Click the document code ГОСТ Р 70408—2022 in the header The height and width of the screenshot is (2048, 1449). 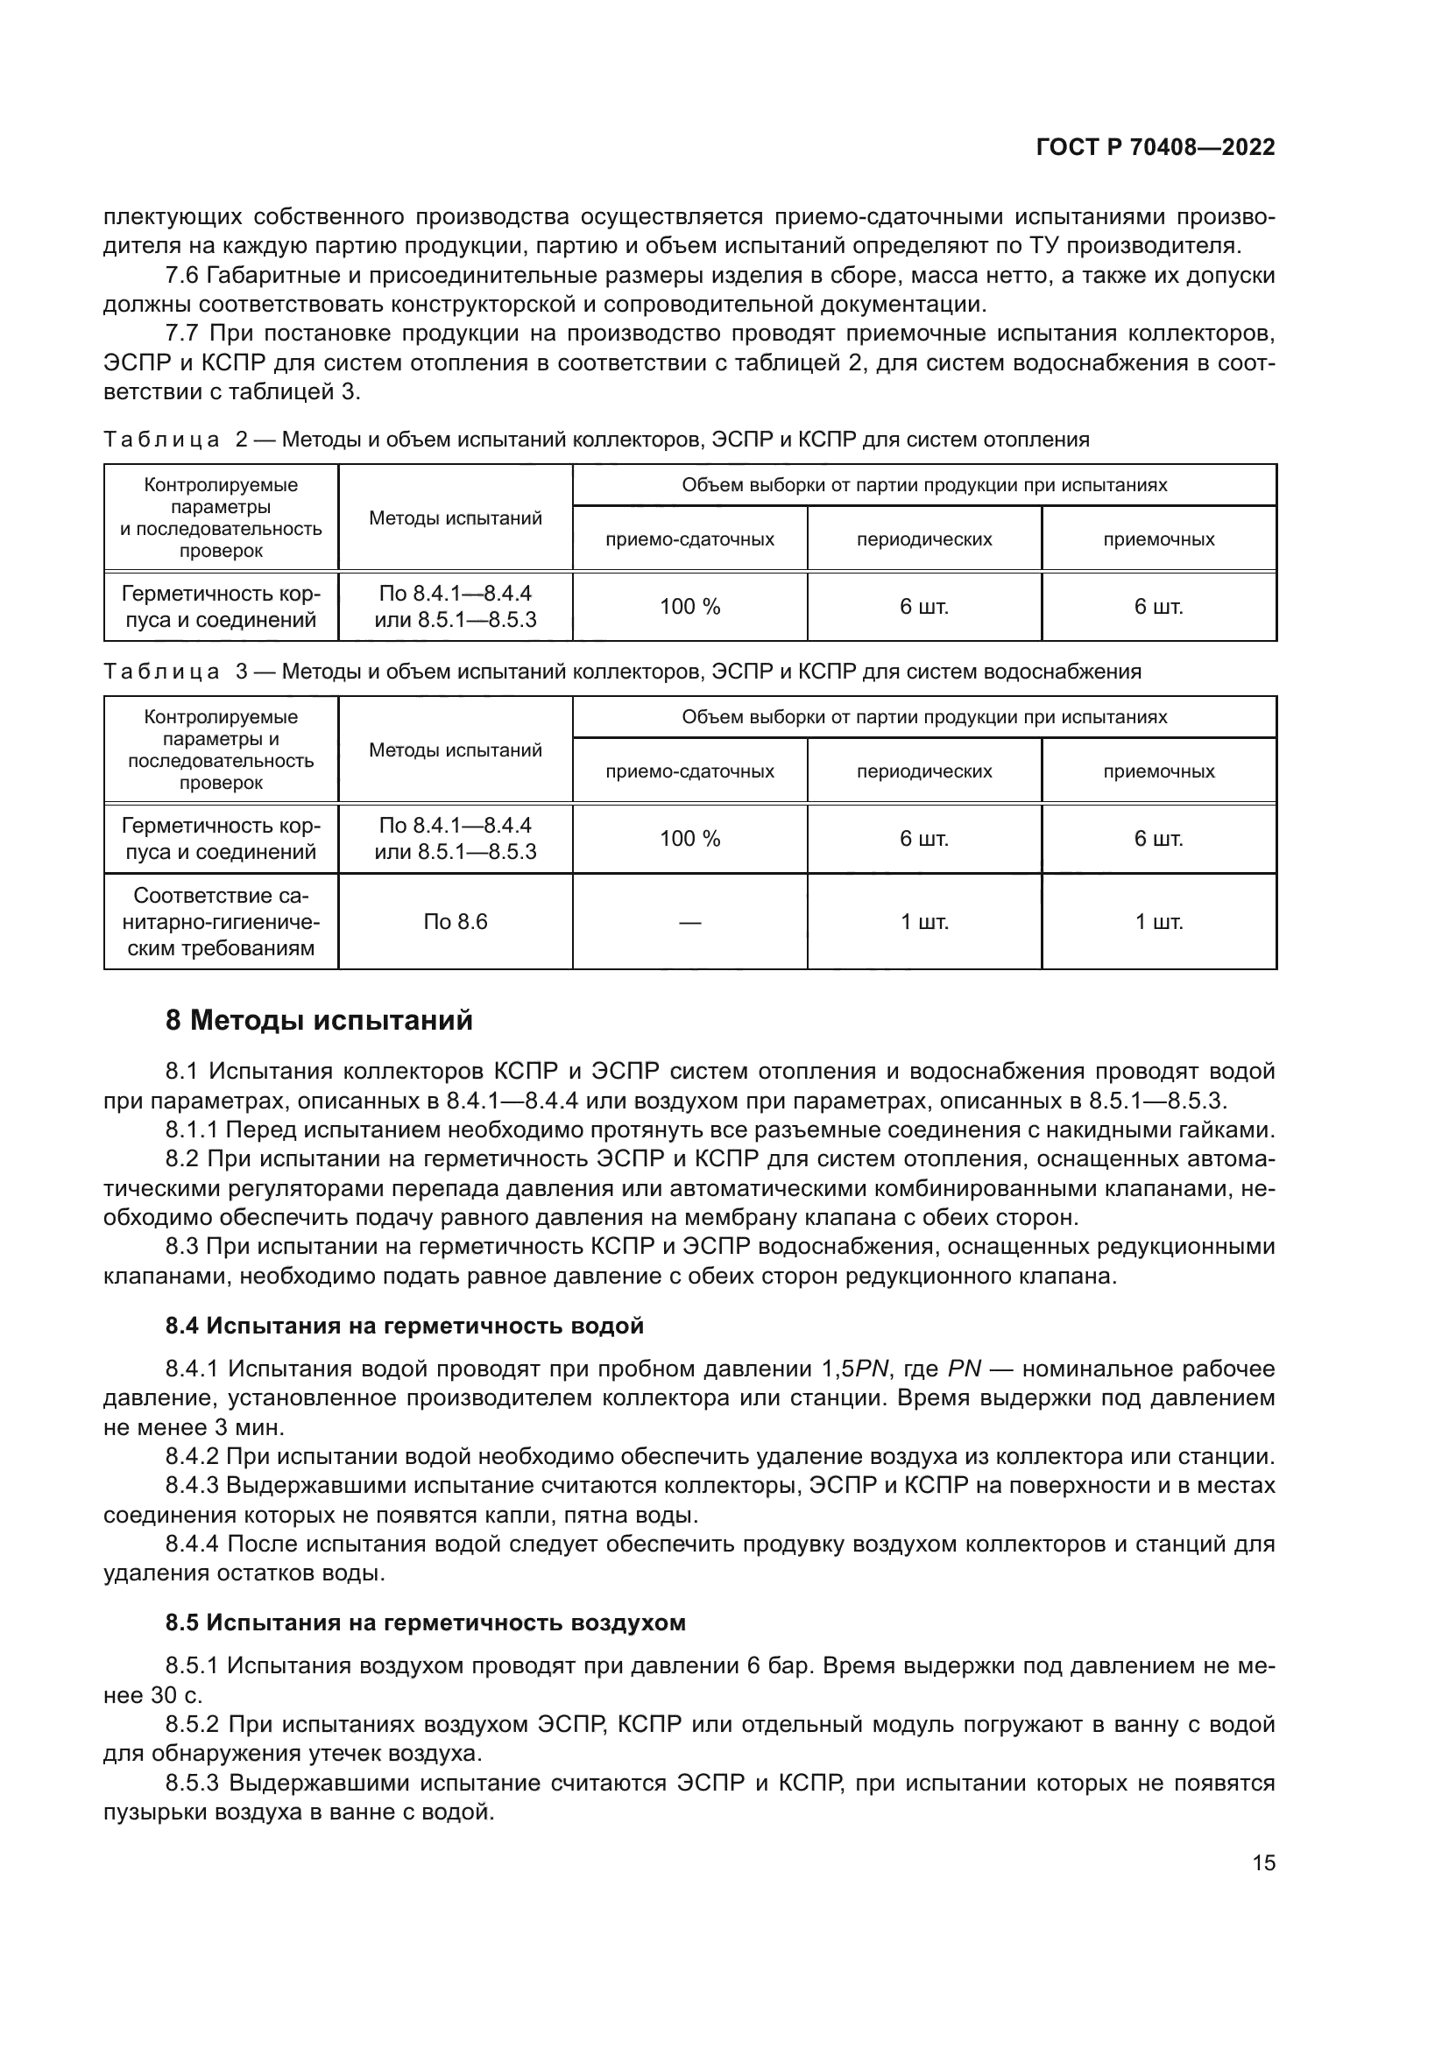pyautogui.click(x=1156, y=148)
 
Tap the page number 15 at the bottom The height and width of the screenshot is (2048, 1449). pyautogui.click(x=1263, y=1862)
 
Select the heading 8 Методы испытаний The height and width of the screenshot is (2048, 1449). pyautogui.click(x=319, y=1019)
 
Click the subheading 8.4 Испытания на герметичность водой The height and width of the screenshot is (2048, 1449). pyautogui.click(x=404, y=1326)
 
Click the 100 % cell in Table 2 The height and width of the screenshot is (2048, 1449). pyautogui.click(x=689, y=607)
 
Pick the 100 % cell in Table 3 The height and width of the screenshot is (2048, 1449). pyautogui.click(x=689, y=839)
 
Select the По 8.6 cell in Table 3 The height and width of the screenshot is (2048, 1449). pyautogui.click(x=455, y=921)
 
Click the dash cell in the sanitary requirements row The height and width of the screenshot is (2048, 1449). pyautogui.click(x=689, y=922)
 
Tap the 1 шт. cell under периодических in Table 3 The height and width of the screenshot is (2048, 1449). pyautogui.click(x=924, y=921)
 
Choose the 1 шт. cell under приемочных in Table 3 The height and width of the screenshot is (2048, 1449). pyautogui.click(x=1159, y=921)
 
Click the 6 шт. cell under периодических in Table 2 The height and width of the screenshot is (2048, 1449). pyautogui.click(x=924, y=607)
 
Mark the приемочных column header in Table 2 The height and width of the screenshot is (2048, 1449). pyautogui.click(x=1159, y=539)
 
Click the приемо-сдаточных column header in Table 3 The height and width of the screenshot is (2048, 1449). pyautogui.click(x=689, y=771)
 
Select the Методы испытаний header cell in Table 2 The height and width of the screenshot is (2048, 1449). pyautogui.click(x=455, y=518)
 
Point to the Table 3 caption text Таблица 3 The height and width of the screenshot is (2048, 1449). pyautogui.click(x=174, y=672)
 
